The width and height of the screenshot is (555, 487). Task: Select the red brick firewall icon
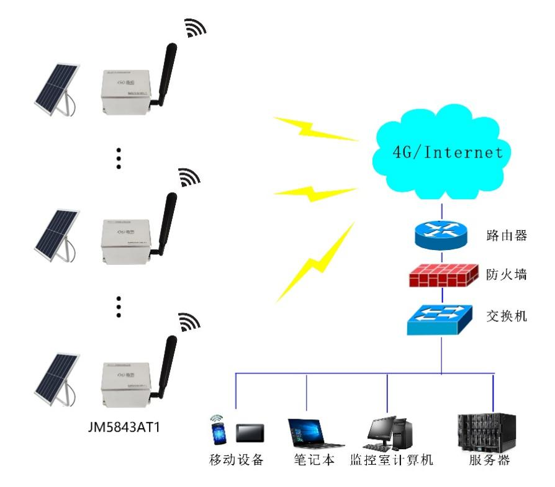442,275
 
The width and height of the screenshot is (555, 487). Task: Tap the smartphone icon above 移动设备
217,430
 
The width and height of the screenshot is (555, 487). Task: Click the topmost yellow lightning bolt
316,128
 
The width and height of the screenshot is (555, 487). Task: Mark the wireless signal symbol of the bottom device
187,322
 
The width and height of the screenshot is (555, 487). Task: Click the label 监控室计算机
392,461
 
